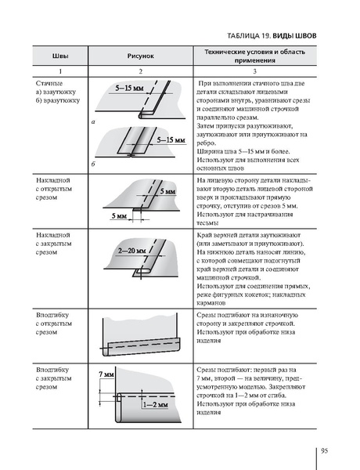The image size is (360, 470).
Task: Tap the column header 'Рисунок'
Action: click(141, 56)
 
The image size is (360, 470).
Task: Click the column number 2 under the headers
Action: click(141, 71)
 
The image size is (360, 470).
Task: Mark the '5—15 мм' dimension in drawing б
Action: click(170, 140)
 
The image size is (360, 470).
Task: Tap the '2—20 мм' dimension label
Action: click(133, 251)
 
